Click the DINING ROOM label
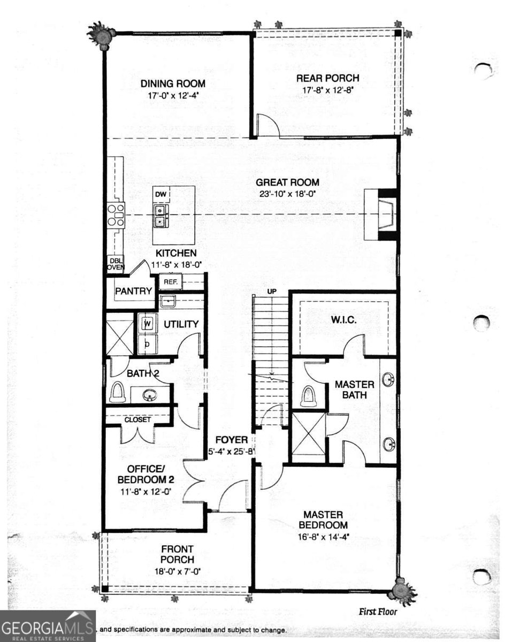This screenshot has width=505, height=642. (173, 83)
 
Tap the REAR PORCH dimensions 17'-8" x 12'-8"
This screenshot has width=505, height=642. (328, 90)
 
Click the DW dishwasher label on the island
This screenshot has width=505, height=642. (160, 194)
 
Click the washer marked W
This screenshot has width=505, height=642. (148, 324)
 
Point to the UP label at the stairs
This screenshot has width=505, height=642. (271, 291)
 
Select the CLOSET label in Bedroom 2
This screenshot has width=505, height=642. (137, 420)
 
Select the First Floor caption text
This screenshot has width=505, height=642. (377, 612)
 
